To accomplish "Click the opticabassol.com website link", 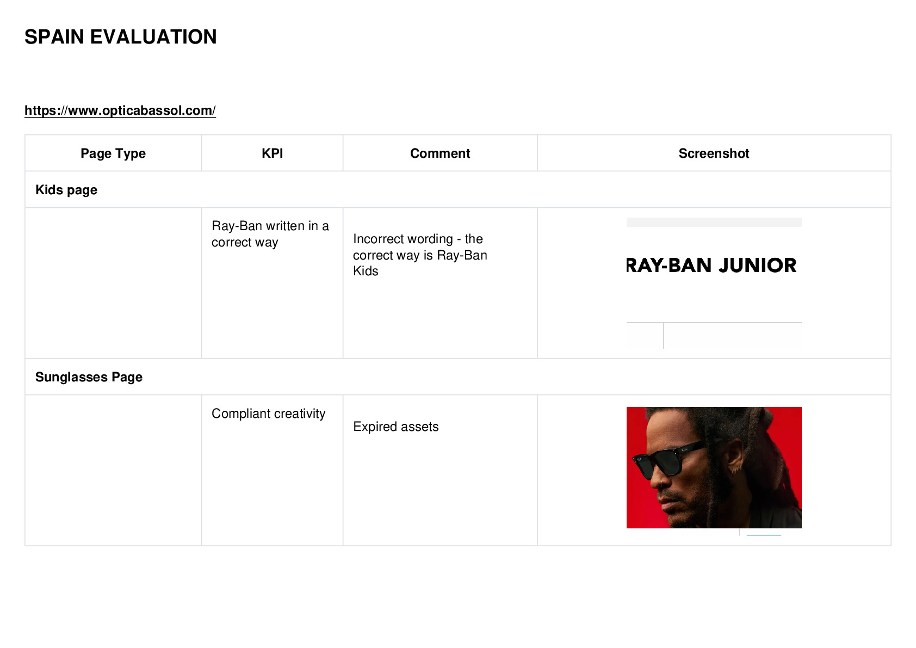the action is tap(120, 110).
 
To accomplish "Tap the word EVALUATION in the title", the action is tap(153, 37).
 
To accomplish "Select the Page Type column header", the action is tap(113, 153).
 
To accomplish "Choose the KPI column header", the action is tap(273, 153).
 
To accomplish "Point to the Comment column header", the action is tap(440, 153).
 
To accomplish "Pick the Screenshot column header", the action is tap(714, 153).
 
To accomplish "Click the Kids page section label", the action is tap(66, 190).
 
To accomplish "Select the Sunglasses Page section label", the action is tap(89, 377).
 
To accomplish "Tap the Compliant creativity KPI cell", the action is tap(268, 414).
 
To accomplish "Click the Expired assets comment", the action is tap(396, 427).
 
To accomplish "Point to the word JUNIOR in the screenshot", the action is tap(757, 266).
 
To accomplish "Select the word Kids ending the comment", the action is tap(366, 271).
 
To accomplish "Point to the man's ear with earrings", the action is tap(736, 458).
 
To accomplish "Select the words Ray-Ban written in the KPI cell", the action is tap(237, 226).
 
